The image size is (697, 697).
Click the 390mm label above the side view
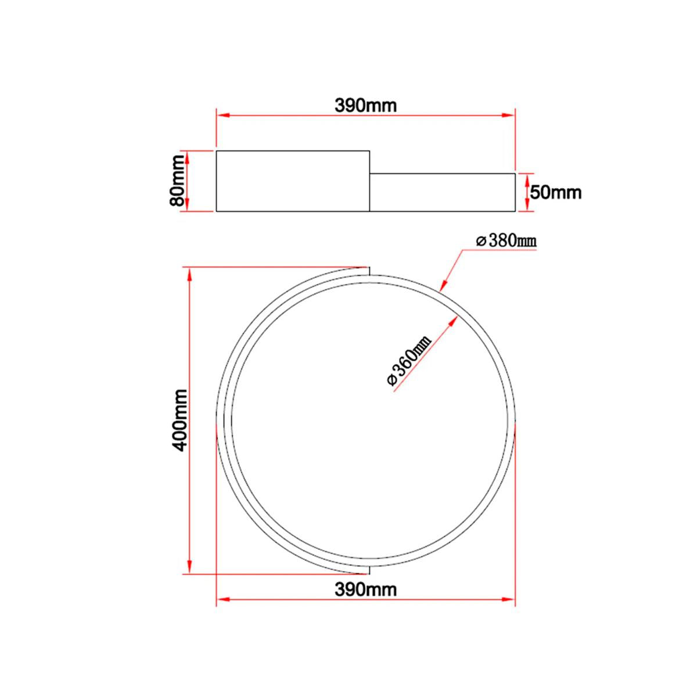(x=365, y=106)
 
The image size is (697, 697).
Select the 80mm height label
(x=178, y=181)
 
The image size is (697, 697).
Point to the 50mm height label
(x=556, y=193)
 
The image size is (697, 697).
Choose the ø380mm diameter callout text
(x=506, y=241)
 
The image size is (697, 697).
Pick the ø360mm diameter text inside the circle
(x=409, y=361)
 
